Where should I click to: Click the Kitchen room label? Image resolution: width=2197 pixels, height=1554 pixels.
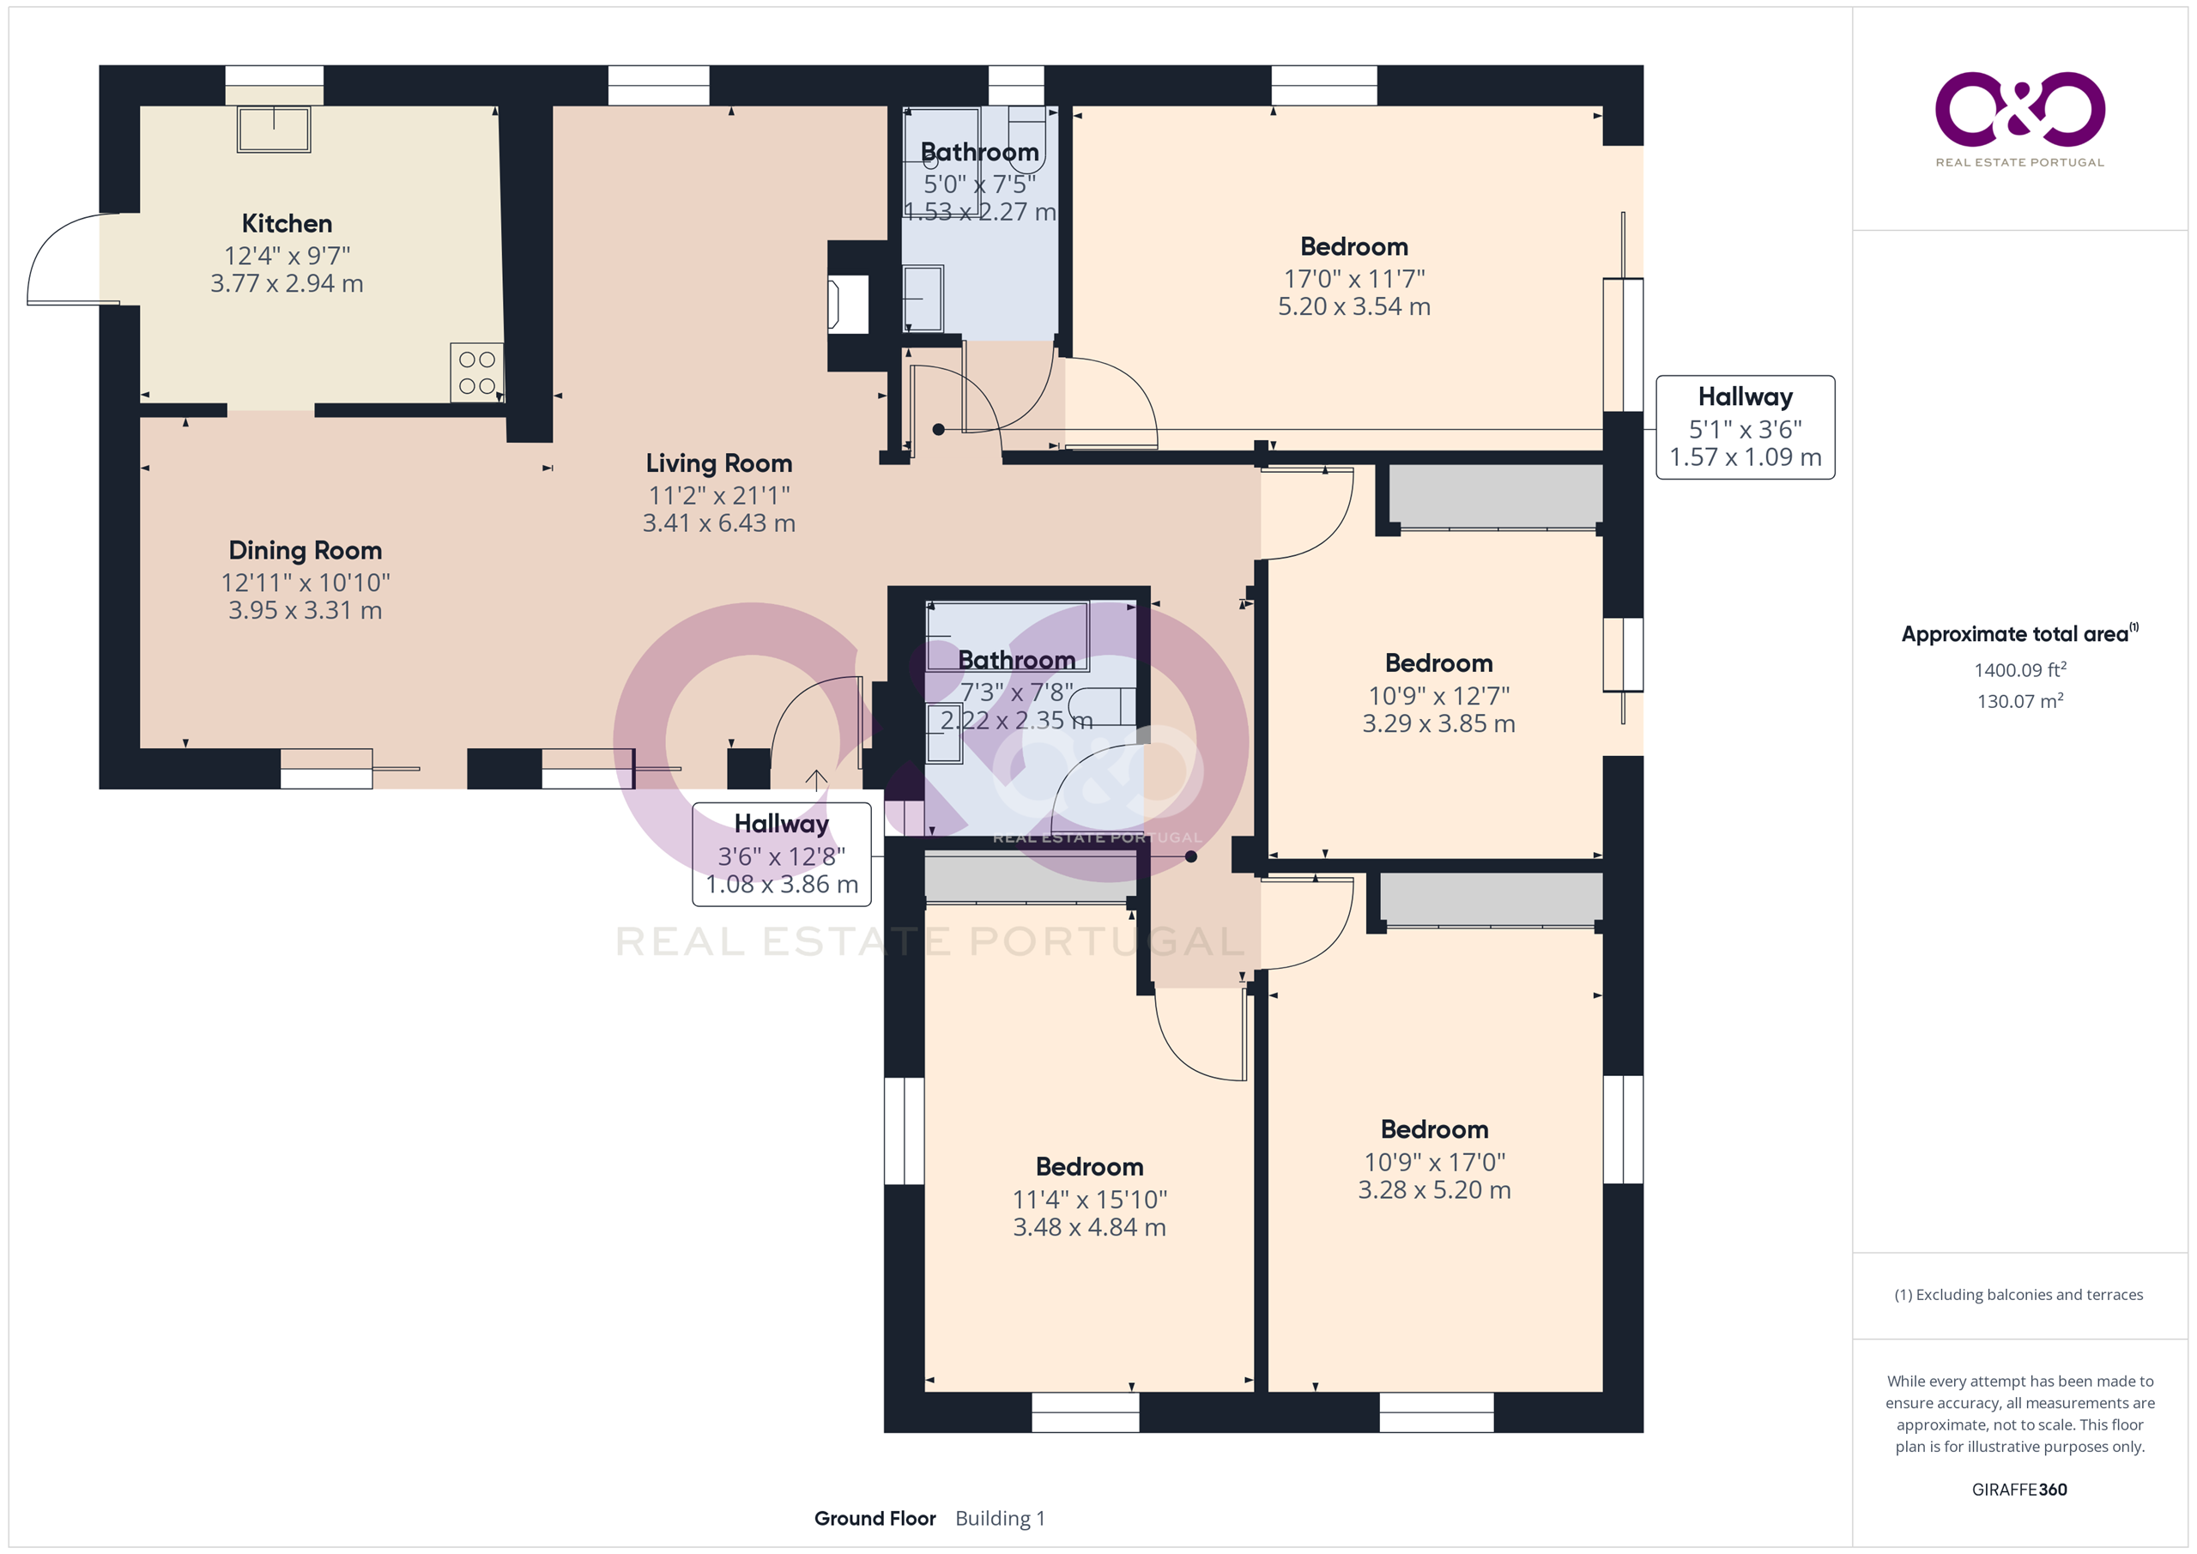point(287,223)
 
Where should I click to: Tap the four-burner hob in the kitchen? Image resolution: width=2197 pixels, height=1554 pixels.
point(476,372)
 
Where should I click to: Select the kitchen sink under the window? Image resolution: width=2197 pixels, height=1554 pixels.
point(274,130)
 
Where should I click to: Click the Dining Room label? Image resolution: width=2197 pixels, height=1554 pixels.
point(306,550)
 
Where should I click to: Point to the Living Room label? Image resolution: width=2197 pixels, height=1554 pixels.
point(718,463)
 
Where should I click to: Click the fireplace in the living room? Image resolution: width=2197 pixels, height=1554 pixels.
point(848,305)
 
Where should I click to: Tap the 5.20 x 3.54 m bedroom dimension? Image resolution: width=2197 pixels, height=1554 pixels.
point(1354,306)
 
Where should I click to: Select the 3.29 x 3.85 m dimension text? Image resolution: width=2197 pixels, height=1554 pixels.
point(1438,723)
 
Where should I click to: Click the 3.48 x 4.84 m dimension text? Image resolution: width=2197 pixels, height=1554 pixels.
point(1089,1227)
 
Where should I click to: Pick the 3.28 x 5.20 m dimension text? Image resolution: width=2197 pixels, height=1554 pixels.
point(1434,1189)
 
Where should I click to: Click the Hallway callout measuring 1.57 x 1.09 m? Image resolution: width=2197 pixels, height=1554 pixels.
point(1746,426)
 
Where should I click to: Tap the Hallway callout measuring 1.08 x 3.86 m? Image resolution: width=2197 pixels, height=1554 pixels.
point(782,854)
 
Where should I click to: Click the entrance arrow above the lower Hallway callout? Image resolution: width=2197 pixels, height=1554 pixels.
point(816,781)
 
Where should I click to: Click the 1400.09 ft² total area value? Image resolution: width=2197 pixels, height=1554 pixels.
point(2020,670)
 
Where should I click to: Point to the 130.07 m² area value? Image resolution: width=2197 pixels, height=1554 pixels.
point(2020,700)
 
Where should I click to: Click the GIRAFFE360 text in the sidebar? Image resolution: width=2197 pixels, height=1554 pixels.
point(2019,1489)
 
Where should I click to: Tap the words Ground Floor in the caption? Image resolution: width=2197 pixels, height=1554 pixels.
point(875,1518)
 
